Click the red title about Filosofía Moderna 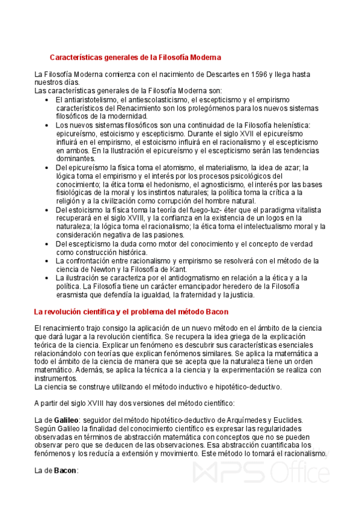click(x=135, y=57)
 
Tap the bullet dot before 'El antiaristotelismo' click(x=47, y=99)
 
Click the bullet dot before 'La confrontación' click(x=47, y=261)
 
